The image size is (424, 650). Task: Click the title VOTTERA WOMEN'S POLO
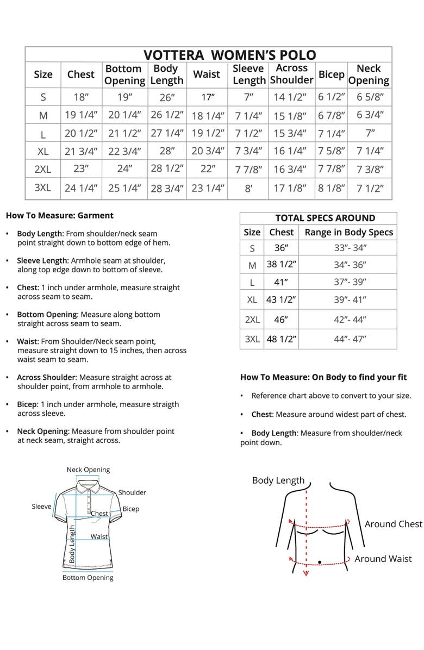pyautogui.click(x=229, y=55)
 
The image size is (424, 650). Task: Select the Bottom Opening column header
pyautogui.click(x=124, y=74)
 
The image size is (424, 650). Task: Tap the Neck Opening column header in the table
pyautogui.click(x=368, y=74)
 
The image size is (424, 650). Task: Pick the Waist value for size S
pyautogui.click(x=207, y=98)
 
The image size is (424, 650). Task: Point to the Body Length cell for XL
pyautogui.click(x=166, y=151)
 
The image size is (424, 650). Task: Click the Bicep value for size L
pyautogui.click(x=331, y=133)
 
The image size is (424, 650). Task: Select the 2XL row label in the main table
pyautogui.click(x=43, y=169)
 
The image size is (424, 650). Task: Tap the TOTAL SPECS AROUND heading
pyautogui.click(x=325, y=218)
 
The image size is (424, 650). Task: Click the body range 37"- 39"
pyautogui.click(x=350, y=282)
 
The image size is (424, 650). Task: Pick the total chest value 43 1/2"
pyautogui.click(x=281, y=299)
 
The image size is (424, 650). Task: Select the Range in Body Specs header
pyautogui.click(x=348, y=232)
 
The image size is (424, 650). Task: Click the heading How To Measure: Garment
pyautogui.click(x=59, y=215)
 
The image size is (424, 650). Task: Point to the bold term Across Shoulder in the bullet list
pyautogui.click(x=46, y=377)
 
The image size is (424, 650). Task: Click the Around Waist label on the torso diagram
pyautogui.click(x=383, y=559)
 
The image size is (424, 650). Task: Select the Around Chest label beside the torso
pyautogui.click(x=393, y=524)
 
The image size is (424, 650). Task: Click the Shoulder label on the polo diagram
pyautogui.click(x=132, y=492)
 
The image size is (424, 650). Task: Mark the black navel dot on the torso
pyautogui.click(x=320, y=562)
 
